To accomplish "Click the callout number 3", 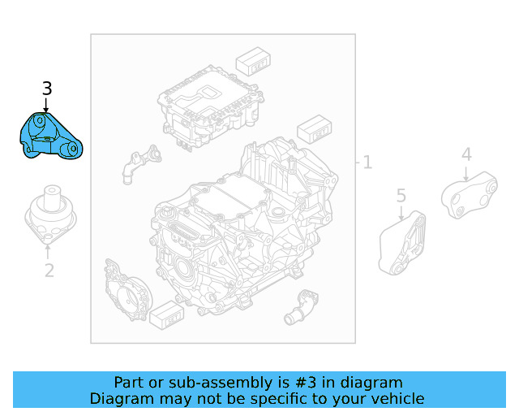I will (x=47, y=89).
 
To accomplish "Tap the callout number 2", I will (x=49, y=271).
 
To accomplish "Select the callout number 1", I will (x=367, y=162).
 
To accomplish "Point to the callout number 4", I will (x=466, y=154).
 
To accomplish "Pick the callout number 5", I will (x=401, y=195).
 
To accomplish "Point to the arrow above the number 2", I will (x=49, y=251).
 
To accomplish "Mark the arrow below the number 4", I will (x=466, y=172).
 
